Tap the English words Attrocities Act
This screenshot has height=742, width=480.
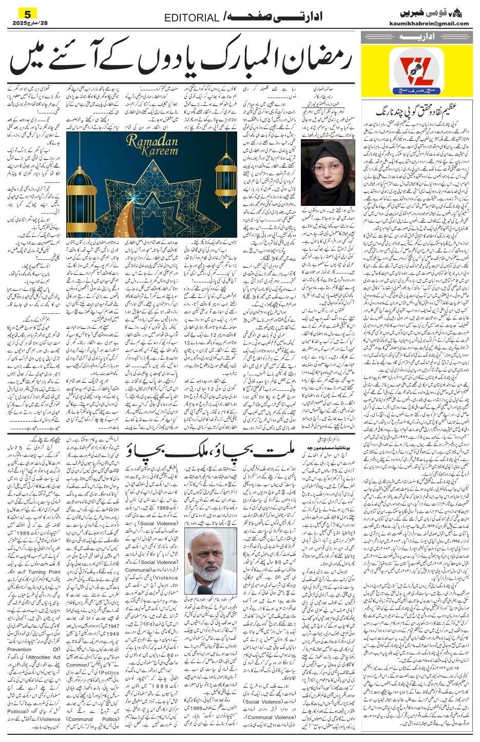tap(43, 657)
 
